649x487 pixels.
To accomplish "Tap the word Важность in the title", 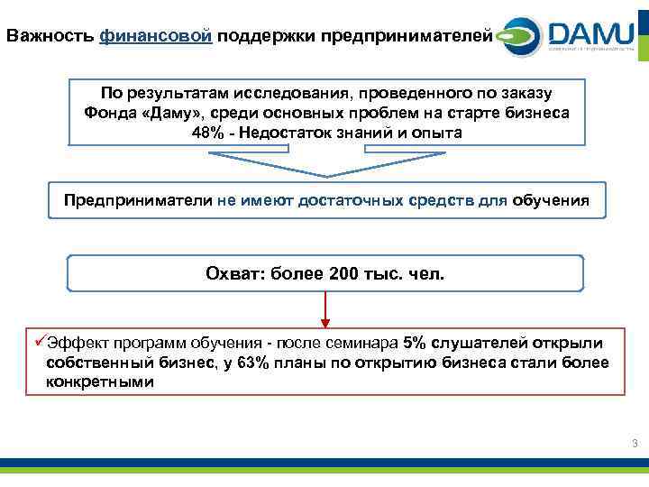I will pyautogui.click(x=50, y=36).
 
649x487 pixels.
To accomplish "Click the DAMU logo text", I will pyautogui.click(x=590, y=34).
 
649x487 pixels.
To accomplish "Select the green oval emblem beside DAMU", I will pyautogui.click(x=515, y=37).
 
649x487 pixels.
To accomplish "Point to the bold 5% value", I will pyautogui.click(x=416, y=344).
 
